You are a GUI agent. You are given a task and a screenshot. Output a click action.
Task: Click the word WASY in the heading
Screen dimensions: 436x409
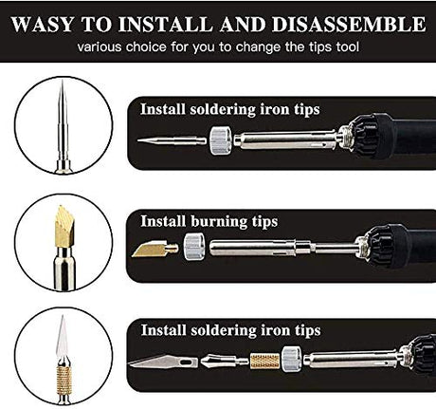click(x=43, y=24)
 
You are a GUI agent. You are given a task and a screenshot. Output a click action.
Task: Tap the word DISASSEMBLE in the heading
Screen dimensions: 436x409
click(x=349, y=24)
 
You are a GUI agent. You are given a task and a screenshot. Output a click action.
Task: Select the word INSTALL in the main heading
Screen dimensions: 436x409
click(x=166, y=24)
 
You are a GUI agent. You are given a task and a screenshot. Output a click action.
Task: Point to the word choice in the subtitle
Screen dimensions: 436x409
click(x=146, y=47)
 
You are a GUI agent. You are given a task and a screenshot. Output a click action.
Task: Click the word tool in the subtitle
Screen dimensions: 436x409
click(x=348, y=47)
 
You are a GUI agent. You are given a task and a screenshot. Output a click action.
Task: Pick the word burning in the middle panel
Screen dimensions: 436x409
click(x=219, y=221)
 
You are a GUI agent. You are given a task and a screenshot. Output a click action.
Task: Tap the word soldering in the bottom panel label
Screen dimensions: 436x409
click(x=224, y=330)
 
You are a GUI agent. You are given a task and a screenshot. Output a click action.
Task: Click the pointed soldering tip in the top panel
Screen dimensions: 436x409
click(x=172, y=140)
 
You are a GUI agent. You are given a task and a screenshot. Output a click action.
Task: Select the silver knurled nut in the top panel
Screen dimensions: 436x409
click(x=220, y=140)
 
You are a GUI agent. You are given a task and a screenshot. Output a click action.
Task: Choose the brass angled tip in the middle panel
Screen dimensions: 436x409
click(x=154, y=249)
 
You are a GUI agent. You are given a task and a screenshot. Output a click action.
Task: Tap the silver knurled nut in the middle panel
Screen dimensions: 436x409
click(x=194, y=247)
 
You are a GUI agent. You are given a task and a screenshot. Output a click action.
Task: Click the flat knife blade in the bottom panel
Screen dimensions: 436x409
click(x=163, y=361)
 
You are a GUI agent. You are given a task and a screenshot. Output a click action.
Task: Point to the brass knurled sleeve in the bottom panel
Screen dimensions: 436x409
click(x=264, y=362)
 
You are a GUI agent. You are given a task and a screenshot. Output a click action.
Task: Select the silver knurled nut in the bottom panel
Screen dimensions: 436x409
click(x=292, y=360)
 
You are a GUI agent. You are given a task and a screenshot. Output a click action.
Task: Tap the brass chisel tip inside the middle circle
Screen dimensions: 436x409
click(x=64, y=227)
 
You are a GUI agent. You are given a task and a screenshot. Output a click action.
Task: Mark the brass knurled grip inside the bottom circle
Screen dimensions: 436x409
click(x=64, y=381)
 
